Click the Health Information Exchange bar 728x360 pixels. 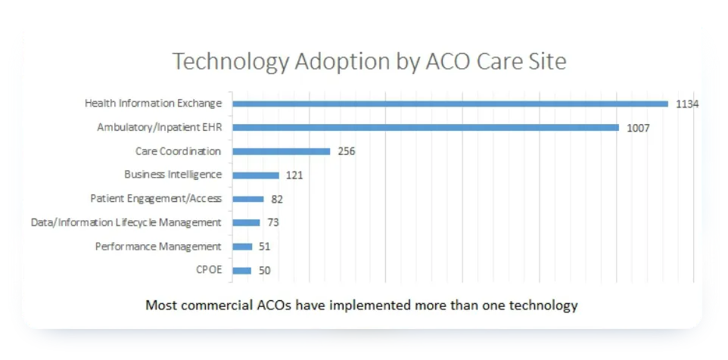(x=450, y=104)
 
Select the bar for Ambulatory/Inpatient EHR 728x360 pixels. (x=426, y=128)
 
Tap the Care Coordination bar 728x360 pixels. (x=282, y=151)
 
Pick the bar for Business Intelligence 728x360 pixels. (x=256, y=175)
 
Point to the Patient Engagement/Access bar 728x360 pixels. (x=248, y=199)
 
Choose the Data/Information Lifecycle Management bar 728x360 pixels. (x=247, y=222)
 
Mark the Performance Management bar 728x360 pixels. (x=242, y=247)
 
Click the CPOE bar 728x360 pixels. (x=242, y=270)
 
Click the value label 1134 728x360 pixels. (x=686, y=104)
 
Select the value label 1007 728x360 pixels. (x=638, y=128)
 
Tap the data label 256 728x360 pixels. (x=346, y=151)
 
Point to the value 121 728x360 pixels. (x=294, y=175)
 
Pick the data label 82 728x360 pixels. (x=277, y=199)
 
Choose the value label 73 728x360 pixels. (x=273, y=222)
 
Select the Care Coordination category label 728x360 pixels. (x=179, y=151)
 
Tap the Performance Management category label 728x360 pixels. (x=158, y=247)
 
